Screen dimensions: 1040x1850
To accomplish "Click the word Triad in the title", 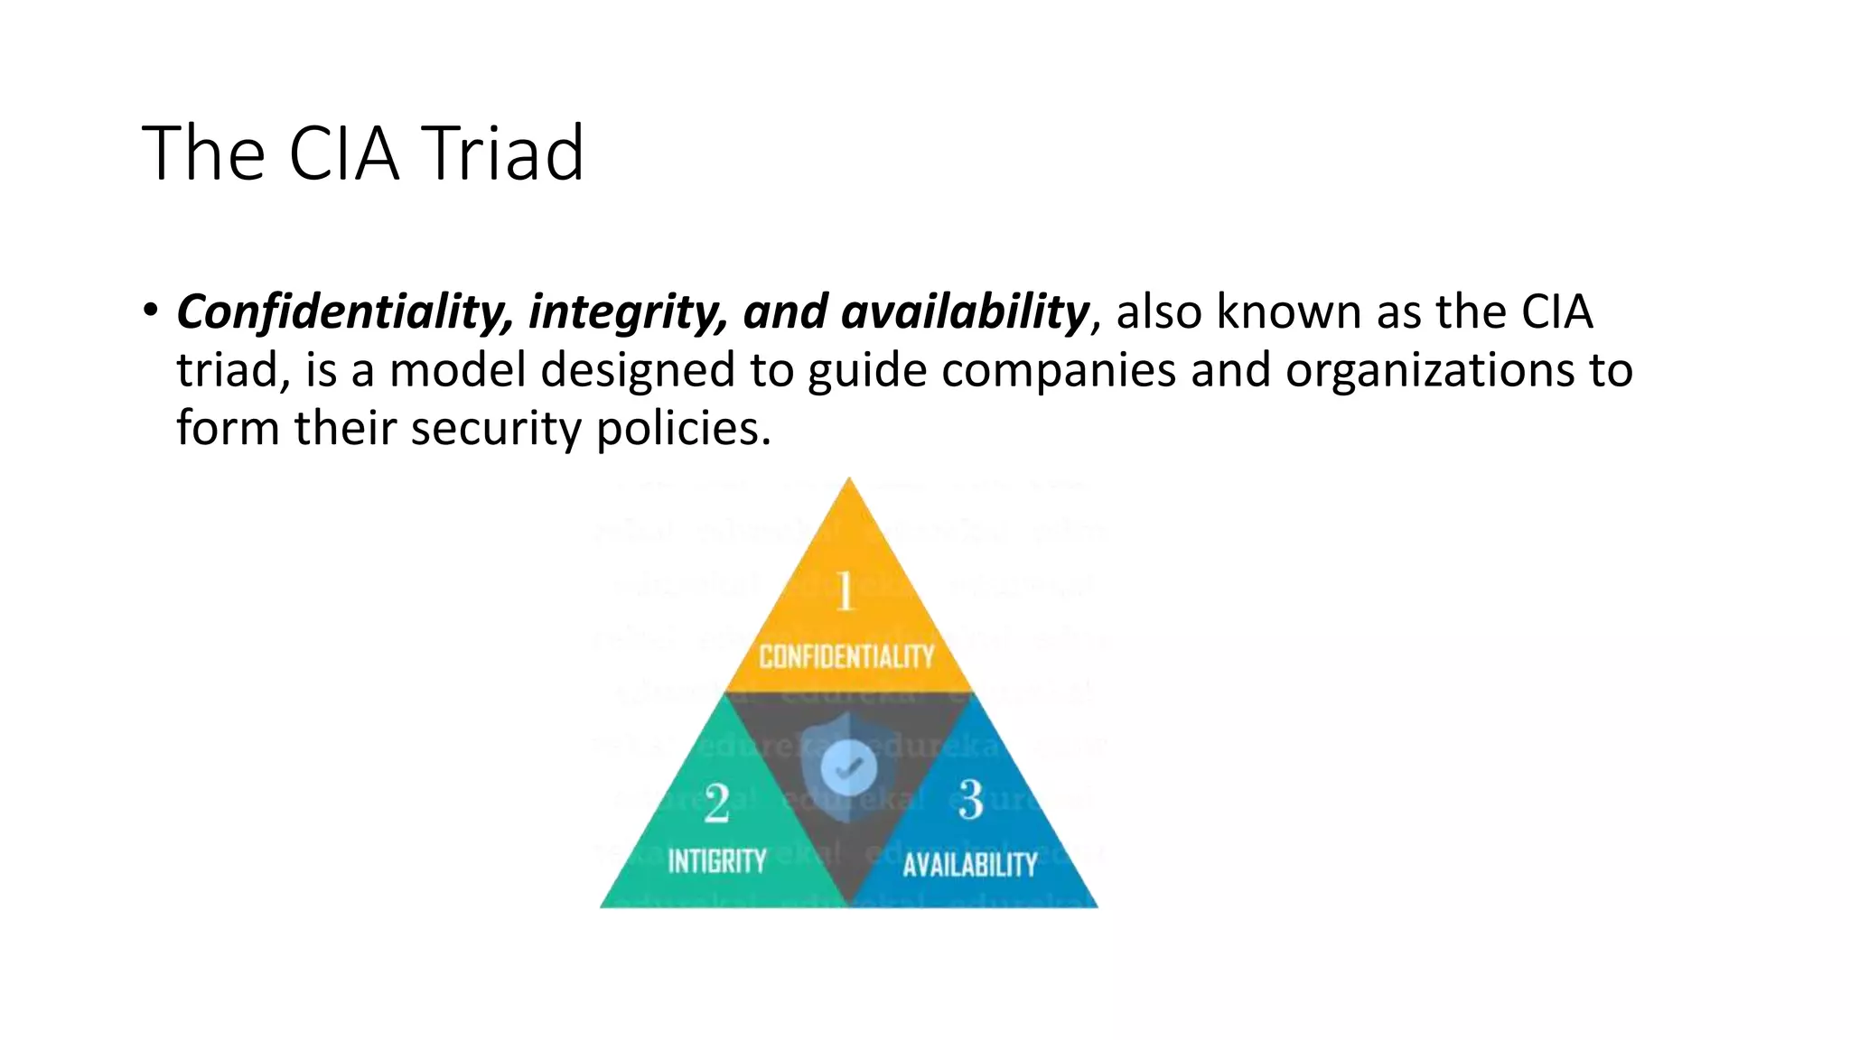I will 504,153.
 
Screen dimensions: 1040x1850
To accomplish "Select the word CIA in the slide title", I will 343,153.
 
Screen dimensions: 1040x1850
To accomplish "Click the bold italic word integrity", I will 628,312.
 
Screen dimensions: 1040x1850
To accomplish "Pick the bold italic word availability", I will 965,312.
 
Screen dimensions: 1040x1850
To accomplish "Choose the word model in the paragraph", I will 457,370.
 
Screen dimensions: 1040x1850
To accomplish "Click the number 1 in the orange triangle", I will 845,592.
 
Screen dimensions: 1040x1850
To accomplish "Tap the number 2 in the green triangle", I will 716,803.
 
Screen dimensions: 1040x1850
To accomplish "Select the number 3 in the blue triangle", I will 970,800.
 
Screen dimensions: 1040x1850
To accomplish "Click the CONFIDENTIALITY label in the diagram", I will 846,656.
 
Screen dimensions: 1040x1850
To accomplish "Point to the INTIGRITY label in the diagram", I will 716,861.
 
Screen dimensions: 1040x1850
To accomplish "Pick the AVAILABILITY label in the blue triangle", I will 970,865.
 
